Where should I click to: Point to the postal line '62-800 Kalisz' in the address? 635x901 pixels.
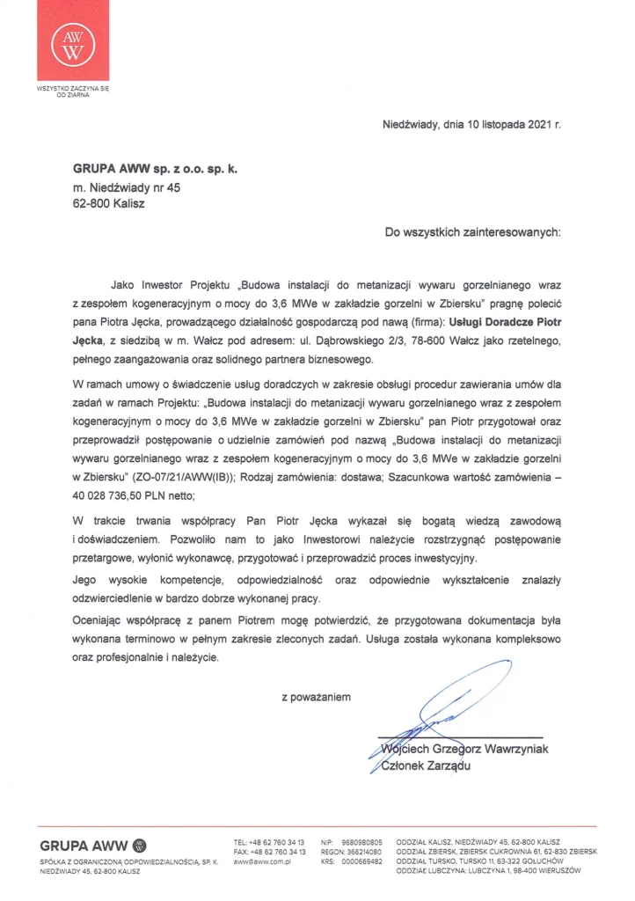pyautogui.click(x=108, y=202)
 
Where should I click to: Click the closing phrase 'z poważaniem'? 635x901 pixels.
pyautogui.click(x=317, y=697)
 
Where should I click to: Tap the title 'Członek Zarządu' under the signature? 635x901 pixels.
pyautogui.click(x=420, y=767)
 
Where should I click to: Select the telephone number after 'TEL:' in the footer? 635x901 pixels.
pyautogui.click(x=281, y=843)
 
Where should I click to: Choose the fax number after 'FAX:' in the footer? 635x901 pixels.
pyautogui.click(x=281, y=853)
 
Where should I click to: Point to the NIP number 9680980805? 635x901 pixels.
pyautogui.click(x=363, y=843)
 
